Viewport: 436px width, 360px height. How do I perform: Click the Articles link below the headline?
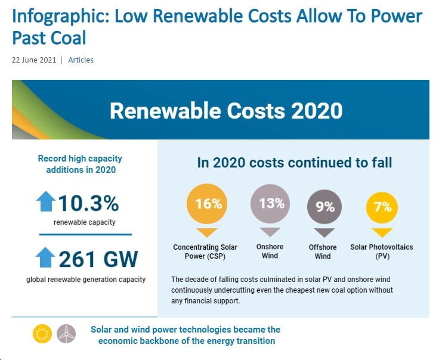click(x=81, y=60)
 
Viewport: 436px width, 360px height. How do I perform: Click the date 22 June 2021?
click(x=34, y=60)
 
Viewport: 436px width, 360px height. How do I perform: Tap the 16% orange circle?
click(x=207, y=204)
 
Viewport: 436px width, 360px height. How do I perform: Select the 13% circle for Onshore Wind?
click(x=270, y=204)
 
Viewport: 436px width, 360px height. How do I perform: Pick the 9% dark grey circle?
click(x=324, y=207)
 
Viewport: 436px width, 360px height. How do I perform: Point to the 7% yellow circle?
click(x=382, y=207)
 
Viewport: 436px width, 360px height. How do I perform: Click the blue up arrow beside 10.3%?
click(x=46, y=201)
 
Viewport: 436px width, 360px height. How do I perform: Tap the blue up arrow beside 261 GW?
click(x=45, y=257)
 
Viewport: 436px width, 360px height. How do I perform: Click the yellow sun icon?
click(x=42, y=334)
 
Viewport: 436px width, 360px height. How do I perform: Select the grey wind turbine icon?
click(x=66, y=334)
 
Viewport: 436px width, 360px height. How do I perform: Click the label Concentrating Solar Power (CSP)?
click(x=205, y=252)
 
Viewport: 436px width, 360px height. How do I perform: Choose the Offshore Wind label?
click(x=323, y=252)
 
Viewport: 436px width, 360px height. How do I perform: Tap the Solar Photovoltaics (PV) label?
click(x=382, y=252)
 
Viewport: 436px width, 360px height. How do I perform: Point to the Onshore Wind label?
click(x=270, y=251)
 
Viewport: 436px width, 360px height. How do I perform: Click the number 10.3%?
click(x=89, y=203)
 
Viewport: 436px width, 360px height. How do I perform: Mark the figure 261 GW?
click(x=98, y=259)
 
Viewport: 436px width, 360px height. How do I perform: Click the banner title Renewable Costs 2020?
click(x=226, y=110)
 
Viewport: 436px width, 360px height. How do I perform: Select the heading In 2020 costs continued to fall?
click(x=295, y=163)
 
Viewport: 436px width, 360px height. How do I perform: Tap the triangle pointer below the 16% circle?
click(x=207, y=232)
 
